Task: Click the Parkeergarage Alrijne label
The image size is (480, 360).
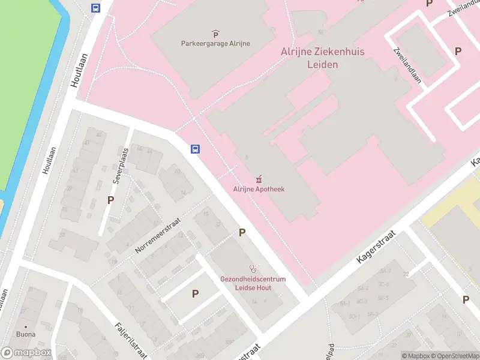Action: (x=215, y=43)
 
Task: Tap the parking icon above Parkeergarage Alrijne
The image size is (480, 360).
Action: (x=215, y=34)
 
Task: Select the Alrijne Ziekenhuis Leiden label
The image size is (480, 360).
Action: (x=309, y=58)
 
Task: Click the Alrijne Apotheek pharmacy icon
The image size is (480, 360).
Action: (x=259, y=179)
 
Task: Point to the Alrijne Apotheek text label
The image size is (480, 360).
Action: (x=259, y=189)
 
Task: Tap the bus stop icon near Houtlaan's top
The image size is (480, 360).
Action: (x=95, y=8)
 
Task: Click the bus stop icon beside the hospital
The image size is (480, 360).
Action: (x=195, y=149)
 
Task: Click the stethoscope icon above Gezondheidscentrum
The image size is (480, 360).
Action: (x=254, y=269)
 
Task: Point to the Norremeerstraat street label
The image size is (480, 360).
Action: (x=158, y=235)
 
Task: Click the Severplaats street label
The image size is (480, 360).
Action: (x=120, y=166)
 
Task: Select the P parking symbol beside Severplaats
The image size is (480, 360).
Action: (x=110, y=200)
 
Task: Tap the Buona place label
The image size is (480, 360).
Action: (x=26, y=334)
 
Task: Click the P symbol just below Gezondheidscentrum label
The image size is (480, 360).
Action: (x=195, y=293)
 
